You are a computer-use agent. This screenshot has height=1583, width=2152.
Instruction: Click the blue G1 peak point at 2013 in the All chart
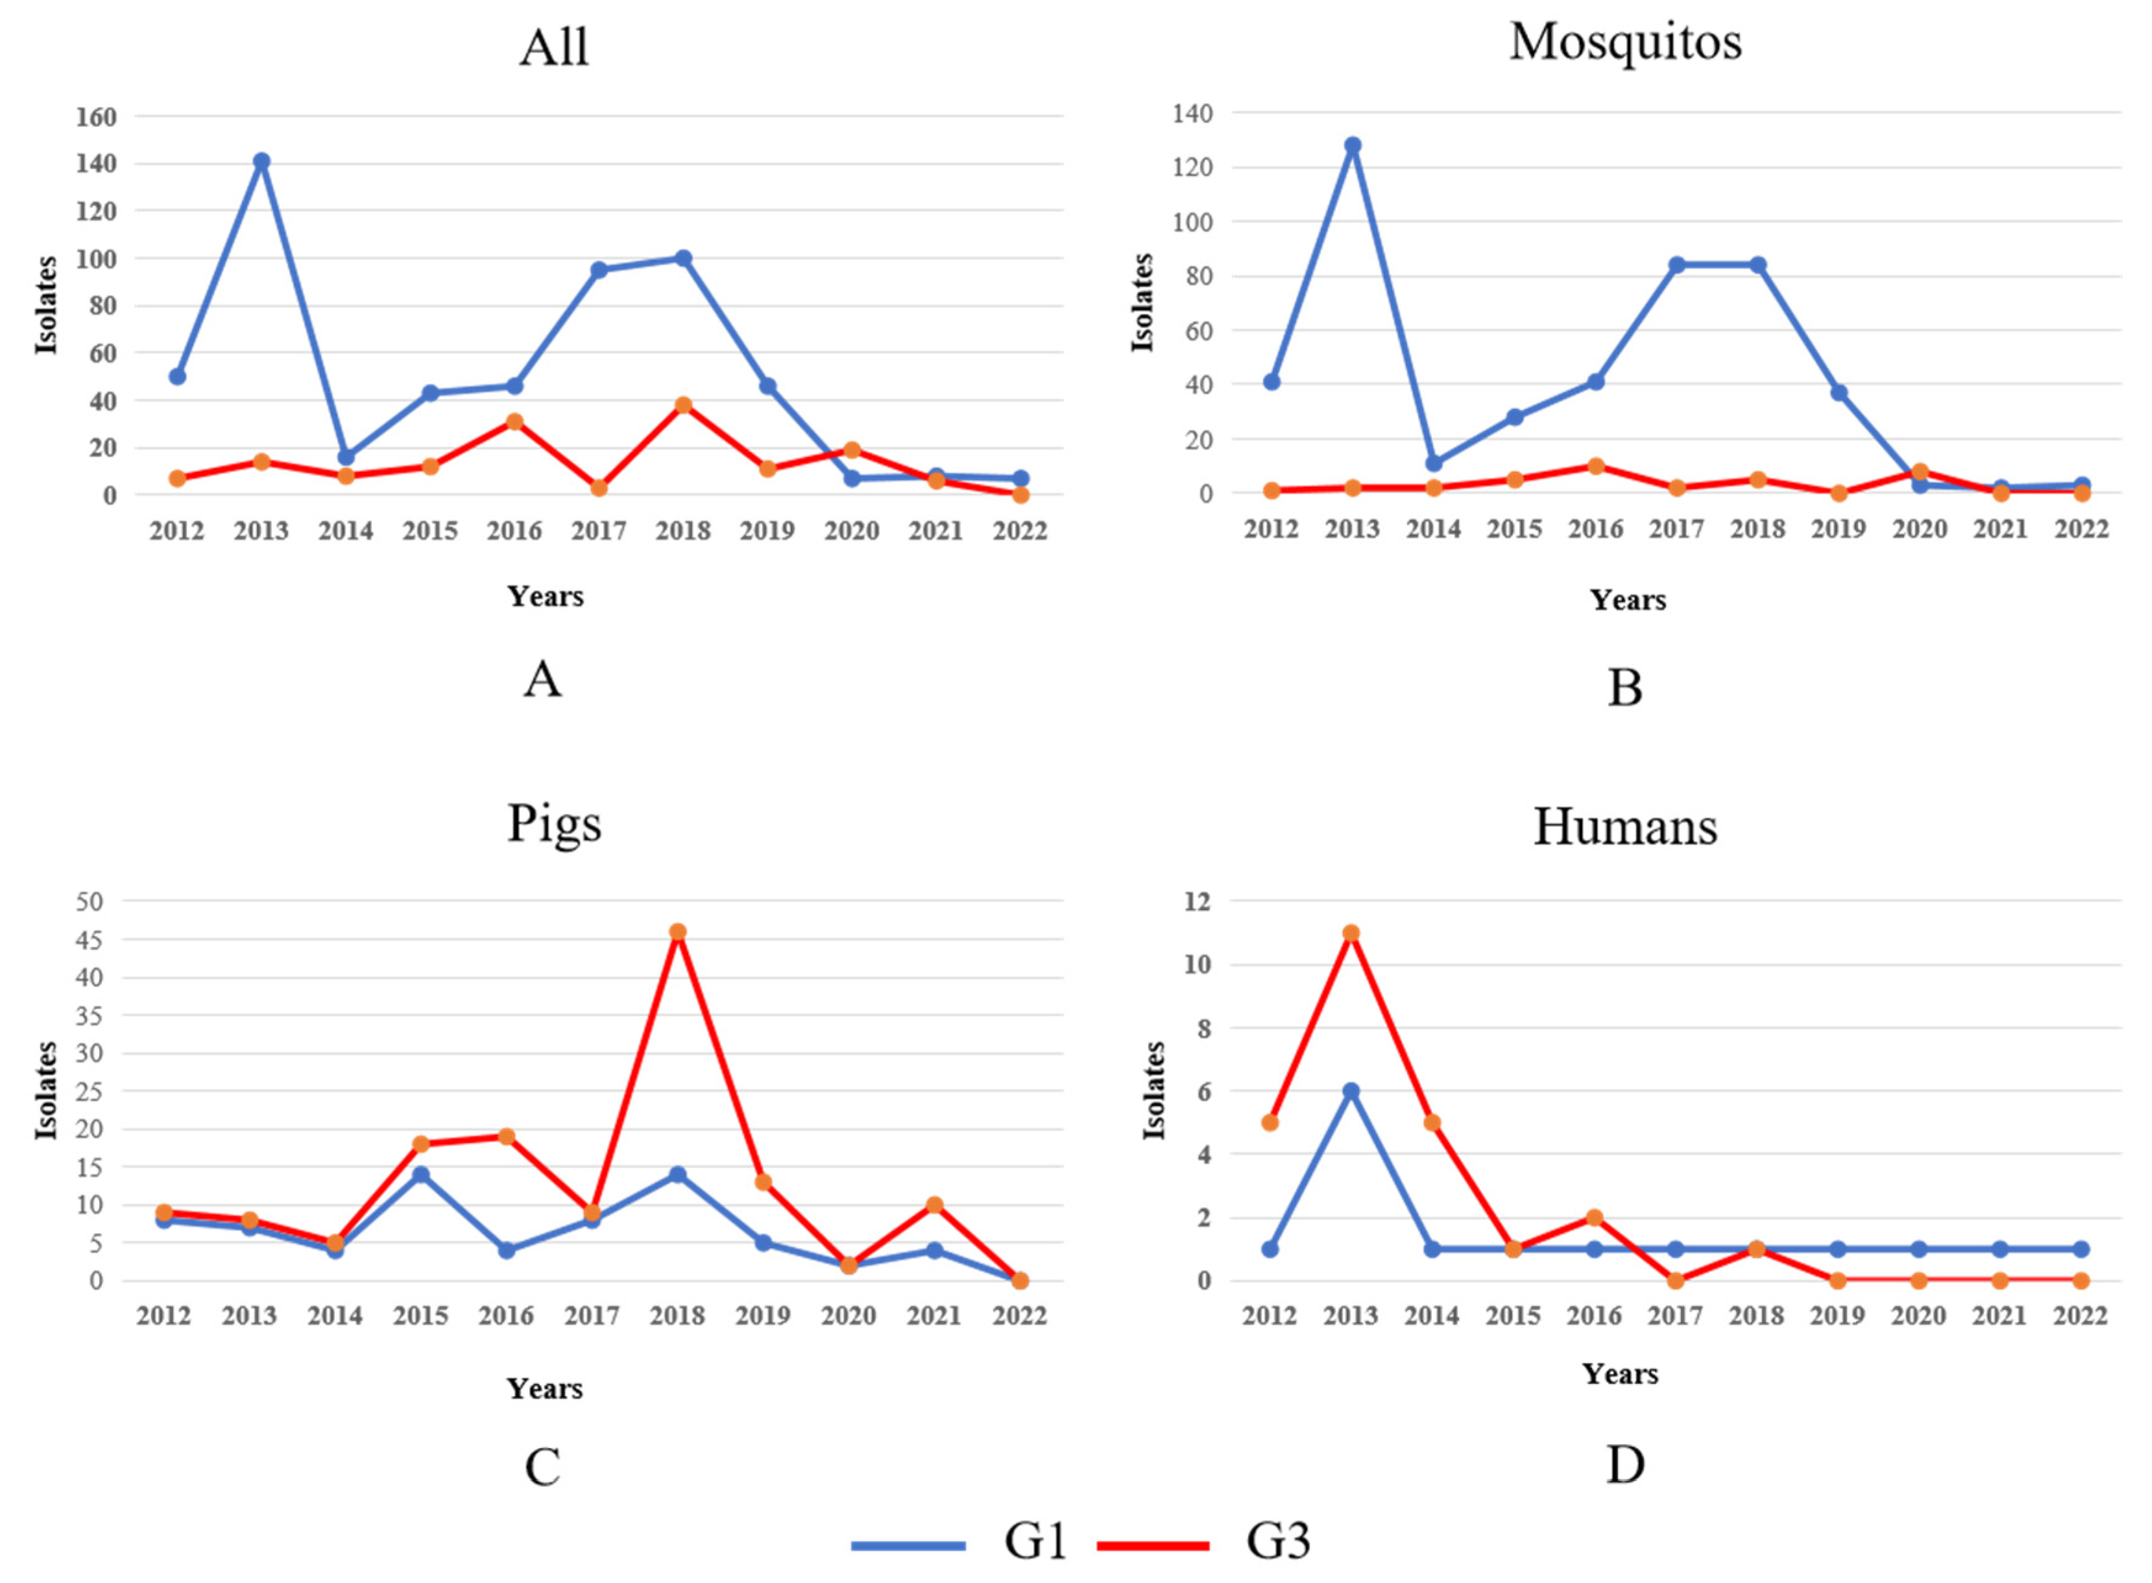[x=262, y=161]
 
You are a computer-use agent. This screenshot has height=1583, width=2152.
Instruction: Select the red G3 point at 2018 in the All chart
[x=683, y=405]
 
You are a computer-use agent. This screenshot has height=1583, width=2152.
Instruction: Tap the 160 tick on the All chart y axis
[x=96, y=117]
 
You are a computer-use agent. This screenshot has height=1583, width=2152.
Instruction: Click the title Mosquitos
[x=1625, y=42]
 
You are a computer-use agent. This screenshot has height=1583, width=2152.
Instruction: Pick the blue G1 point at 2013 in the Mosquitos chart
[x=1352, y=145]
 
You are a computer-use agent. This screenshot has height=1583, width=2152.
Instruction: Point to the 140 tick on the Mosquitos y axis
[x=1192, y=113]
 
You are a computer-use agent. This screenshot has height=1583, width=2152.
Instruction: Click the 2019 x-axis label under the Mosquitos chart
[x=1838, y=529]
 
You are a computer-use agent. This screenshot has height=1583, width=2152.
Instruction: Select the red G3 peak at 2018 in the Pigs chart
[x=678, y=932]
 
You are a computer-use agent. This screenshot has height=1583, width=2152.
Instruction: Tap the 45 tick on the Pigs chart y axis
[x=89, y=940]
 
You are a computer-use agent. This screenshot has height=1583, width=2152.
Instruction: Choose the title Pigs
[x=554, y=823]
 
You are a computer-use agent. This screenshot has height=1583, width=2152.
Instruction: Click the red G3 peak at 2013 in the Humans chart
[x=1351, y=934]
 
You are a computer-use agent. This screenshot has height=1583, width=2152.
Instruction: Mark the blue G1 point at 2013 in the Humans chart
[x=1351, y=1091]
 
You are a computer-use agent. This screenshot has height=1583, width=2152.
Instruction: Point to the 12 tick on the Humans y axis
[x=1198, y=901]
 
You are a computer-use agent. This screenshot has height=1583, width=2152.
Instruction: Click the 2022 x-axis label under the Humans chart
[x=2080, y=1316]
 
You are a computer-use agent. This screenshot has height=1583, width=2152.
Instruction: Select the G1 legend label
[x=1035, y=1541]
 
